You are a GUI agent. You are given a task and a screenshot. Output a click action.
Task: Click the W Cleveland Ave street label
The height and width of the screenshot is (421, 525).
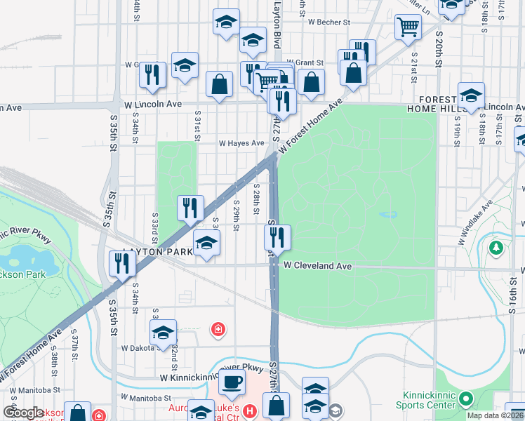[x=317, y=267]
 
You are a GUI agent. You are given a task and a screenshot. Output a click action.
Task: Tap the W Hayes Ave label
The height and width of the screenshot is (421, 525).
[x=241, y=142]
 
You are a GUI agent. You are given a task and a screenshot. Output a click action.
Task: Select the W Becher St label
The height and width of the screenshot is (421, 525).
[x=328, y=22]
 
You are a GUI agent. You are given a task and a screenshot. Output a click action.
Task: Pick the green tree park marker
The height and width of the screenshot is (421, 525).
[x=496, y=248]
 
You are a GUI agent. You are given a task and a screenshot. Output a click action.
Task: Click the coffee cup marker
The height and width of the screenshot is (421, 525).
[x=232, y=382]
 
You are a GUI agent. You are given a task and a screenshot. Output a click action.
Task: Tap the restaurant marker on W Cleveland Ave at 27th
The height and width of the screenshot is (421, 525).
[x=278, y=236]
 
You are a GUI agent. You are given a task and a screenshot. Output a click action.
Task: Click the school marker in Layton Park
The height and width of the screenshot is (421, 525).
[x=206, y=242]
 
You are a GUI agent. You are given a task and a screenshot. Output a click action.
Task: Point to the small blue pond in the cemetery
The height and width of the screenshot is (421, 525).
[x=387, y=215]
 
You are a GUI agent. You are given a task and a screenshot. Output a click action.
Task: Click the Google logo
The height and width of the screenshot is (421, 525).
[x=24, y=413]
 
